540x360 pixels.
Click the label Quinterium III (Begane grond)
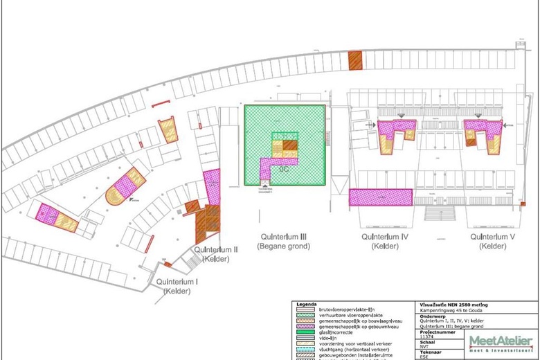point(284,241)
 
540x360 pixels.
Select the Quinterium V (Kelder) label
point(493,241)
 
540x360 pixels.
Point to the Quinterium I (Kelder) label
point(177,286)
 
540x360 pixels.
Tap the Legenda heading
point(307,304)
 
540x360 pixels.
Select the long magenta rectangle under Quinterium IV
point(381,197)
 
